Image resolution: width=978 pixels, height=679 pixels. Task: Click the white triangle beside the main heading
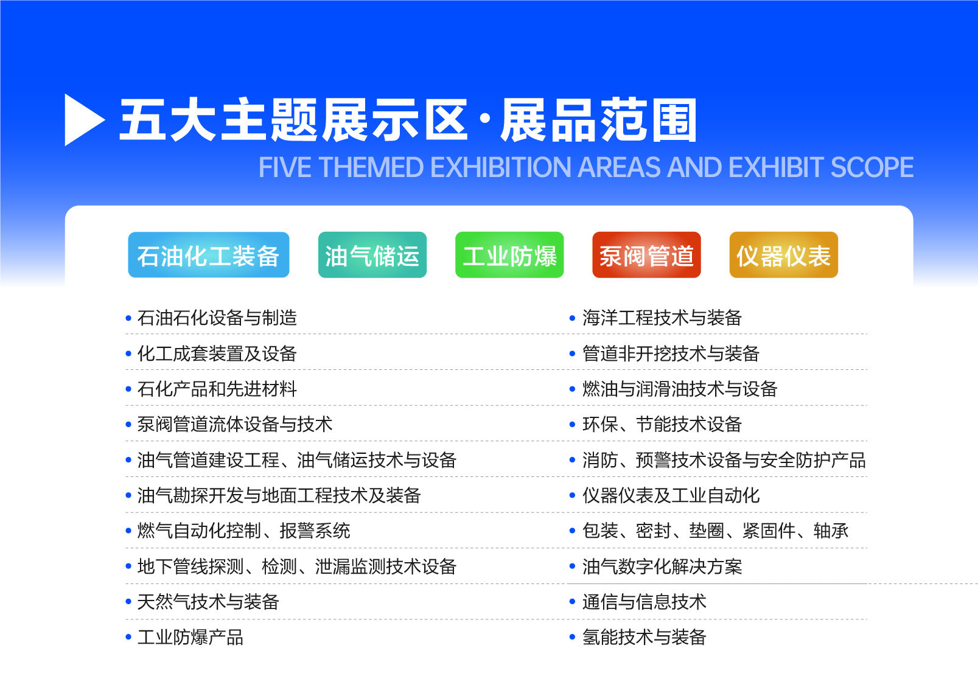[83, 120]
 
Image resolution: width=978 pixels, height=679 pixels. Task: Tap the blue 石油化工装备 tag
[209, 255]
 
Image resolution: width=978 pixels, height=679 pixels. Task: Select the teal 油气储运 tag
[372, 255]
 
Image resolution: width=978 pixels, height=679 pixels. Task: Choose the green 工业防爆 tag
[509, 255]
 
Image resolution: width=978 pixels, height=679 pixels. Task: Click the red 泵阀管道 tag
[646, 255]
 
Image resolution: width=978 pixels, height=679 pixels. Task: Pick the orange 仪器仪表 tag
[784, 255]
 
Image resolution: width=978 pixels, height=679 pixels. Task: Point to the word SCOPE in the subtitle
[872, 167]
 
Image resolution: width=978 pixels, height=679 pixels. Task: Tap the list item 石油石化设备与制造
[217, 318]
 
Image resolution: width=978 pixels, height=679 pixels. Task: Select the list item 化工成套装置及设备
[217, 353]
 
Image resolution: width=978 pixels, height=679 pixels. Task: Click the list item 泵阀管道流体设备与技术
[235, 424]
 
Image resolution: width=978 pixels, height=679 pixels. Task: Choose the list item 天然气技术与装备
[208, 602]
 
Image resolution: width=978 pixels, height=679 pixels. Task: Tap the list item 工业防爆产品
[190, 637]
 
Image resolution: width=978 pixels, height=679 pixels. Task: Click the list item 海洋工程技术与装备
[662, 318]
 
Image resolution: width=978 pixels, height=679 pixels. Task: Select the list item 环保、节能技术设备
[662, 424]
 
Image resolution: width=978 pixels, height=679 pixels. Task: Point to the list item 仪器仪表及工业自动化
[671, 495]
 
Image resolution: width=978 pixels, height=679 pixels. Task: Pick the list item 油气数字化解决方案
[662, 566]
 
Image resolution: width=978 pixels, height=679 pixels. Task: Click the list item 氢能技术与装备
[644, 637]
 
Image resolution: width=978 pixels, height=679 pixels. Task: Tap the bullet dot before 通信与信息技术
[573, 602]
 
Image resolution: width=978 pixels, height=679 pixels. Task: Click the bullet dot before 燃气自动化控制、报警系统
[128, 531]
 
